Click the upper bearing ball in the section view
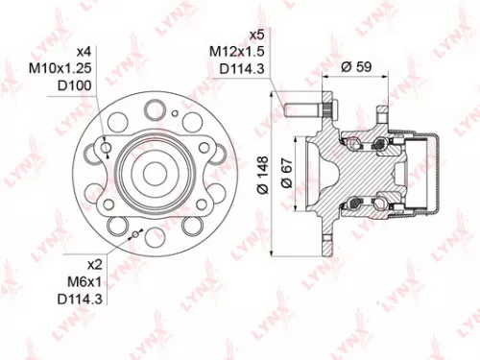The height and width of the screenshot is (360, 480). (x=356, y=145)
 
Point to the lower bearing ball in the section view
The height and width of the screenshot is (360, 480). (x=356, y=203)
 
